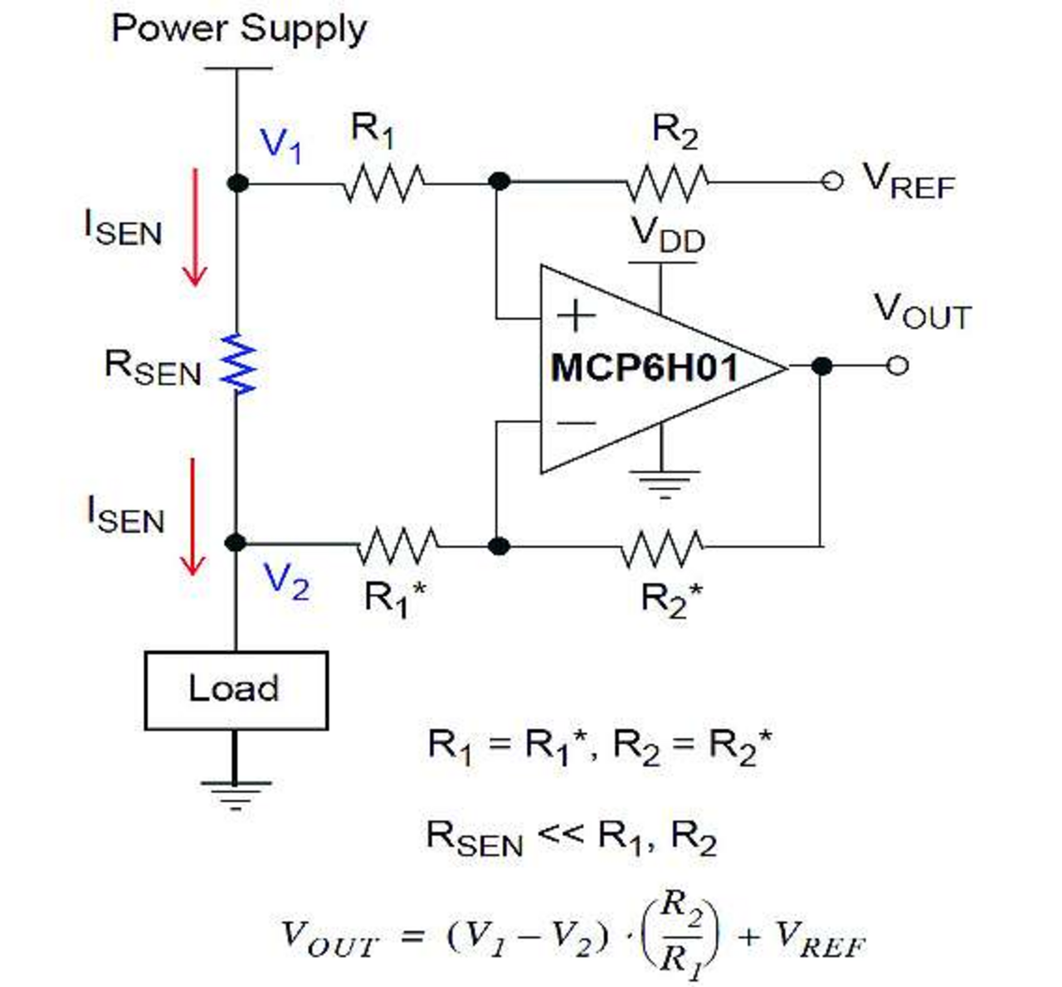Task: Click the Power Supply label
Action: (238, 29)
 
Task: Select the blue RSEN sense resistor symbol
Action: (238, 363)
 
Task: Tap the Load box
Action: (236, 690)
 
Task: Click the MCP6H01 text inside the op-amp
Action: (644, 367)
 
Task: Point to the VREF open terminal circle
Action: (832, 182)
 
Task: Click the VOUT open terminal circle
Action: (897, 366)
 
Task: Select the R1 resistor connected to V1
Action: (383, 182)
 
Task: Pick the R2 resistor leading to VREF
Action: (666, 182)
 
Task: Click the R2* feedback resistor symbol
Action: (662, 546)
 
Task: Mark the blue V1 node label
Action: (281, 145)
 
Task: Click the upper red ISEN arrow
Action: (194, 226)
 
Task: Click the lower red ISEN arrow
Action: (192, 516)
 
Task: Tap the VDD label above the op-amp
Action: (668, 234)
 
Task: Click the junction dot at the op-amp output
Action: (821, 366)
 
